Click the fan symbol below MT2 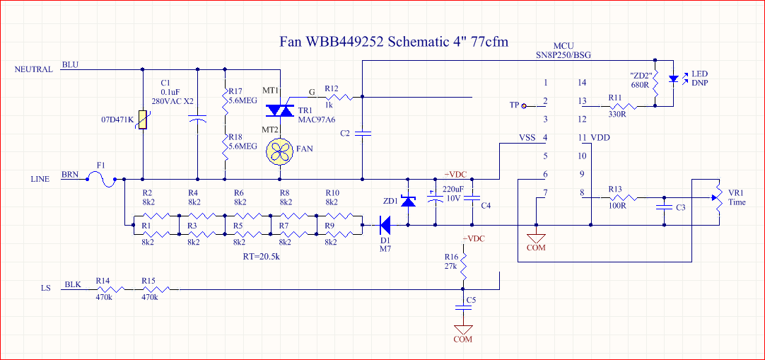click(x=281, y=150)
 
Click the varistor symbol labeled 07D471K click(x=144, y=121)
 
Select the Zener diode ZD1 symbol click(x=408, y=202)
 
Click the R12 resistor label click(x=332, y=88)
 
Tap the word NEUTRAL click(x=33, y=69)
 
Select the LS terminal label click(x=46, y=289)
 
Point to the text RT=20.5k click(x=262, y=257)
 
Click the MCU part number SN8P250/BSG click(x=563, y=54)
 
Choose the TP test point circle click(x=523, y=106)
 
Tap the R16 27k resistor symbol click(x=463, y=267)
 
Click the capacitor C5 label click(x=471, y=300)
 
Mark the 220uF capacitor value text click(x=453, y=189)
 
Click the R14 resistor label click(x=103, y=281)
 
